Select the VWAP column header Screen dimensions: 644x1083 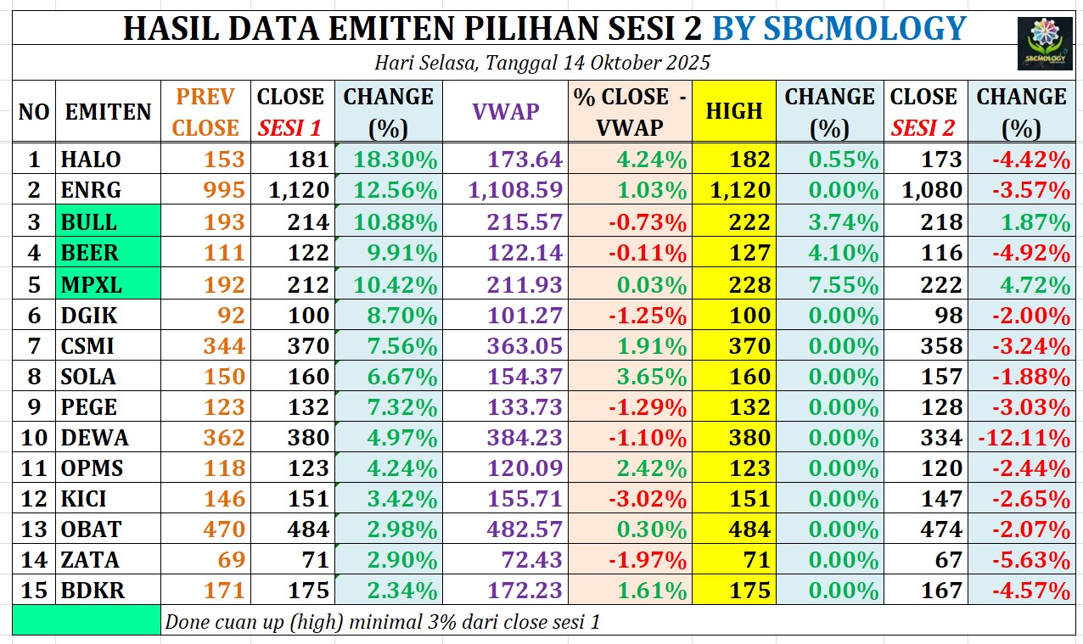point(506,111)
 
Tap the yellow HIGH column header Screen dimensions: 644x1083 point(734,111)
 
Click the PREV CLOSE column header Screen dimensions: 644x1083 point(207,111)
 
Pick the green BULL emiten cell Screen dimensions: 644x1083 point(108,222)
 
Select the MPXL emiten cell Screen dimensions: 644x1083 point(108,284)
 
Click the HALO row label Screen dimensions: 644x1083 point(91,160)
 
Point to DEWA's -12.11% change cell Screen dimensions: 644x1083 point(1023,438)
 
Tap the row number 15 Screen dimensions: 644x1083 point(34,591)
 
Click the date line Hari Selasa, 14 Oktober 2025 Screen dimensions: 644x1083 point(541,63)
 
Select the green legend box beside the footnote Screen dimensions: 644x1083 point(87,621)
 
